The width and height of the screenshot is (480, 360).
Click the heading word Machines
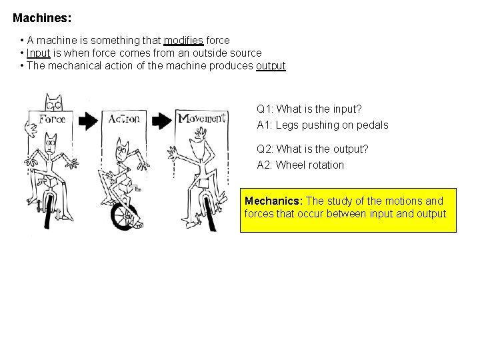pos(41,16)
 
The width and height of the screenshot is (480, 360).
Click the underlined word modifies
pos(184,41)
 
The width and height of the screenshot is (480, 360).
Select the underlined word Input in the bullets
pos(39,53)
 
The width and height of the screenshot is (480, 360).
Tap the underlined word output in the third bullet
pos(271,66)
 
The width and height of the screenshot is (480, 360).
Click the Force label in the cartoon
pos(52,119)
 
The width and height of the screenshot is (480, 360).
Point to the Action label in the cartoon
pos(124,119)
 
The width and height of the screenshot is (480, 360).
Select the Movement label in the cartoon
pos(201,118)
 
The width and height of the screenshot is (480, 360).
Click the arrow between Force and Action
pos(87,121)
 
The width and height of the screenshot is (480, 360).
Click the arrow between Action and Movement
pos(161,121)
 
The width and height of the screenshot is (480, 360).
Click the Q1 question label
pos(265,109)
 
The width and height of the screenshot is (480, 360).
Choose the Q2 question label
pos(265,149)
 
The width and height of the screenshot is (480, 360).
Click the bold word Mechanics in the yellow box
pos(273,201)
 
